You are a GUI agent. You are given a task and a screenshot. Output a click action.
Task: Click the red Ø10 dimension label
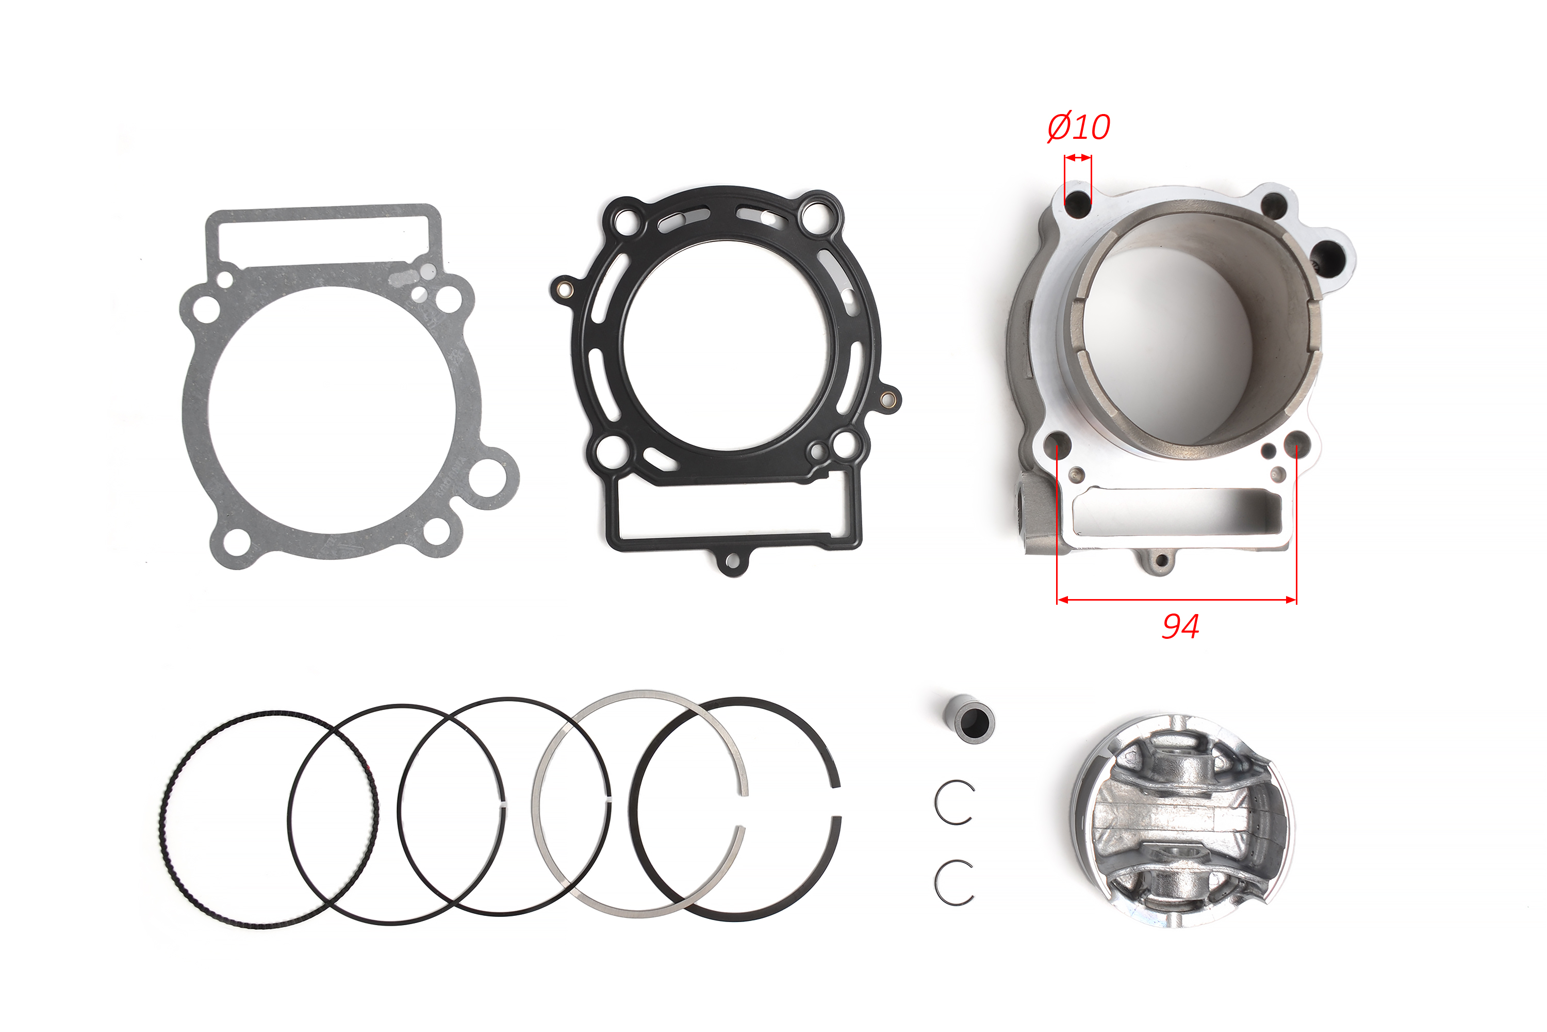(1079, 126)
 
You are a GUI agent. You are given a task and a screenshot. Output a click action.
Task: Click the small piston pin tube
(969, 722)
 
